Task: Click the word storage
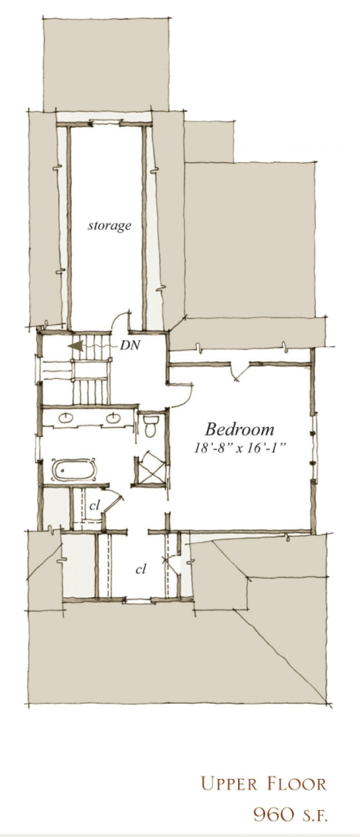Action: pyautogui.click(x=110, y=226)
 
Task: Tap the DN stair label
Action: pyautogui.click(x=130, y=344)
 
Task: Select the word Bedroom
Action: pyautogui.click(x=240, y=430)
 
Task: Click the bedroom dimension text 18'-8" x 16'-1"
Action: pyautogui.click(x=240, y=448)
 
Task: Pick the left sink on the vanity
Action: pyautogui.click(x=67, y=419)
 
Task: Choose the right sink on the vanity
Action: pyautogui.click(x=113, y=419)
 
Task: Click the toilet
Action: pyautogui.click(x=150, y=425)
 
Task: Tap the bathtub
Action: pyautogui.click(x=74, y=470)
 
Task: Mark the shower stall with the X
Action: pyautogui.click(x=150, y=468)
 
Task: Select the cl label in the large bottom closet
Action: pyautogui.click(x=141, y=569)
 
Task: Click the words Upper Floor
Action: pyautogui.click(x=263, y=784)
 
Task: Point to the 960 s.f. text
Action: pyautogui.click(x=290, y=815)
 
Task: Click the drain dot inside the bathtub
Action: pyautogui.click(x=61, y=470)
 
